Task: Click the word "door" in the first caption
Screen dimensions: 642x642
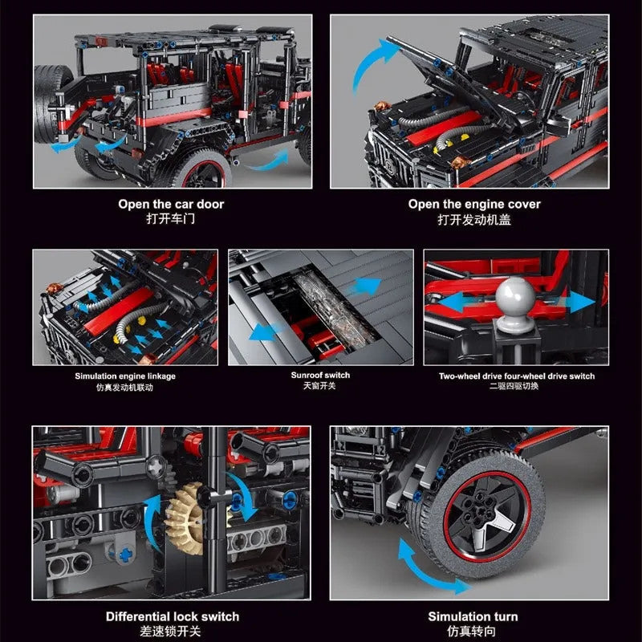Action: pos(210,204)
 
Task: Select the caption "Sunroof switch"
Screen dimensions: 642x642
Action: pos(320,375)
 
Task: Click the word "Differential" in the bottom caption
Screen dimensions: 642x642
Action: pos(137,616)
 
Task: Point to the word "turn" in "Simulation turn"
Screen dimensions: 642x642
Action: pos(506,616)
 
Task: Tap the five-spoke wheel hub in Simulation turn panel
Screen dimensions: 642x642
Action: pos(487,516)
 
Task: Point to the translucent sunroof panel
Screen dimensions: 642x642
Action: pos(335,308)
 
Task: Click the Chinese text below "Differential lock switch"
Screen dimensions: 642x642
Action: pos(171,631)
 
